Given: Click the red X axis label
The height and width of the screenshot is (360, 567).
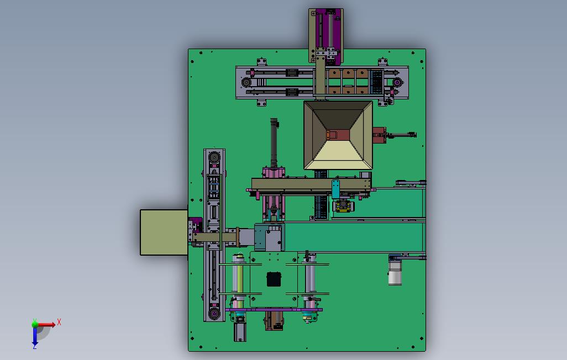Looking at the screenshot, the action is (x=59, y=322).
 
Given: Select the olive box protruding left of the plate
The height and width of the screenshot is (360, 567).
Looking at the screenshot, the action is (x=164, y=232).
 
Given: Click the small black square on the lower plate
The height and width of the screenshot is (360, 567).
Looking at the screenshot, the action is (x=274, y=279).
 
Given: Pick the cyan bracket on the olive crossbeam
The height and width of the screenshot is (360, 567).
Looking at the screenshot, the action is (x=335, y=189).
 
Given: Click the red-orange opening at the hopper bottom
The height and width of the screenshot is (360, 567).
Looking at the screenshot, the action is (x=338, y=135).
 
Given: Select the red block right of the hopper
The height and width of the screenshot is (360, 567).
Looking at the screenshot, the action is (x=379, y=135).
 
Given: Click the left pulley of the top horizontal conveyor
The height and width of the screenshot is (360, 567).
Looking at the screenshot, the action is (x=246, y=82).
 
